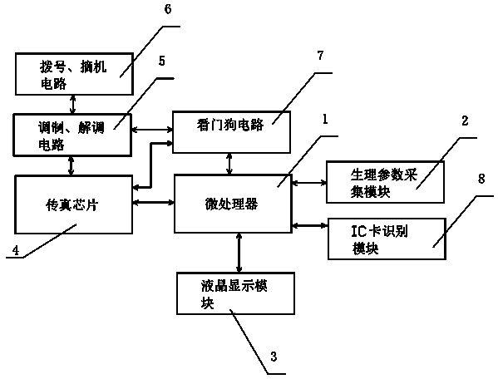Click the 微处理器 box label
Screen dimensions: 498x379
231,204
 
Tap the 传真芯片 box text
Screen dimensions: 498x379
72,205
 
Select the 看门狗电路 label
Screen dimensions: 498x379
230,125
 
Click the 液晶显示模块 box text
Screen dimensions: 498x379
234,294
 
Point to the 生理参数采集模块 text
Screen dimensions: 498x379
383,183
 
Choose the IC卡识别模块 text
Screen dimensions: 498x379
380,239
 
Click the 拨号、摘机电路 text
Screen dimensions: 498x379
73,75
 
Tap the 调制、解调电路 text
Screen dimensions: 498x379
71,135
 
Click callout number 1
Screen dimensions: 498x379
324,120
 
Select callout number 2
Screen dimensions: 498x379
465,121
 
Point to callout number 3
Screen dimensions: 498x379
274,357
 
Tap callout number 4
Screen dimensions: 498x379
16,250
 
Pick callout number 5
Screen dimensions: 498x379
162,61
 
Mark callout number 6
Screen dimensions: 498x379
168,9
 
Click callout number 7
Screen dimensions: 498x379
320,56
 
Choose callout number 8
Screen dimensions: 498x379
481,179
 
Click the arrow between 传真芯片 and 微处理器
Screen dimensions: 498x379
154,202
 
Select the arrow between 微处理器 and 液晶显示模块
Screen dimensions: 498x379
239,253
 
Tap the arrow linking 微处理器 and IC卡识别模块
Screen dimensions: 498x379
309,226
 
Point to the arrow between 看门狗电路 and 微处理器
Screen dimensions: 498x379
229,164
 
